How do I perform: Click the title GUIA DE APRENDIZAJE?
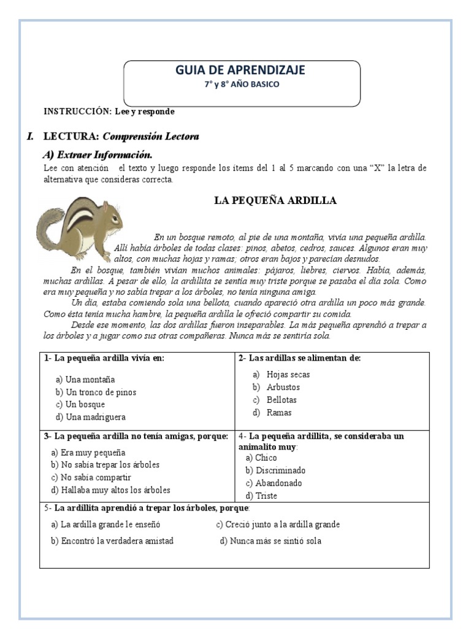(240, 71)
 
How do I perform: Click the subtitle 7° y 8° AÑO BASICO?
(242, 84)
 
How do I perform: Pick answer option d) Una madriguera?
(90, 417)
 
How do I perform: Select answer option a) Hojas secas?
(281, 375)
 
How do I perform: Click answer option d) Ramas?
(272, 413)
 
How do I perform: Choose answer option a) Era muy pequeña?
(88, 452)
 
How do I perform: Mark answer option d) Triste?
(261, 496)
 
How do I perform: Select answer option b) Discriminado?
(275, 471)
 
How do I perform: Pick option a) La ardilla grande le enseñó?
(105, 525)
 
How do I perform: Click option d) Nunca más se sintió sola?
(270, 541)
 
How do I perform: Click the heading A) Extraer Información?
(97, 154)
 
